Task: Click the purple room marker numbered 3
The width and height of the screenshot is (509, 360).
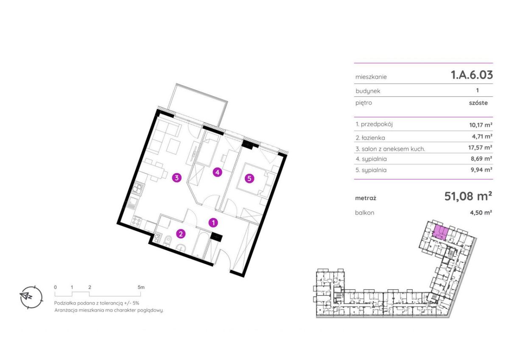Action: [x=177, y=178]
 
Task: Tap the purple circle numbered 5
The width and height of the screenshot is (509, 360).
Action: [x=249, y=179]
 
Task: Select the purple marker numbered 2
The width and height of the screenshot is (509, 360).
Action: [x=181, y=234]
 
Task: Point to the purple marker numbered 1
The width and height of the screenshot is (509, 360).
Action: [x=213, y=223]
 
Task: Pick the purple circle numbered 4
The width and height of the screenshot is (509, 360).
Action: [x=217, y=173]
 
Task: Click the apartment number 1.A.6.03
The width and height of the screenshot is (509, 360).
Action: [x=472, y=75]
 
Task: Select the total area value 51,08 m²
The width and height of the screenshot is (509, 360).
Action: [x=468, y=196]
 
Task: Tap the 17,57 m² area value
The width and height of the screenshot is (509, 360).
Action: [x=480, y=148]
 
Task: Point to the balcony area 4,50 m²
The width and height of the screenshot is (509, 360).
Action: [x=481, y=212]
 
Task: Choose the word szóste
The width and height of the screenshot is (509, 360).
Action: [x=478, y=103]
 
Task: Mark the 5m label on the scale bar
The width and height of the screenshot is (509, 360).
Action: [x=141, y=287]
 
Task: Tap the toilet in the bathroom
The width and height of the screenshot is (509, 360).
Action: [x=168, y=241]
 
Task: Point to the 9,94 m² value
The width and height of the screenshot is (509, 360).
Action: [x=481, y=170]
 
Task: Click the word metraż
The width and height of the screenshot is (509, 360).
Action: [x=366, y=198]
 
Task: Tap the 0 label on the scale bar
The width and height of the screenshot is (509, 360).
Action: [x=56, y=287]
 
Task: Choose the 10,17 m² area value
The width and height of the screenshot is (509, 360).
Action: [x=481, y=125]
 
